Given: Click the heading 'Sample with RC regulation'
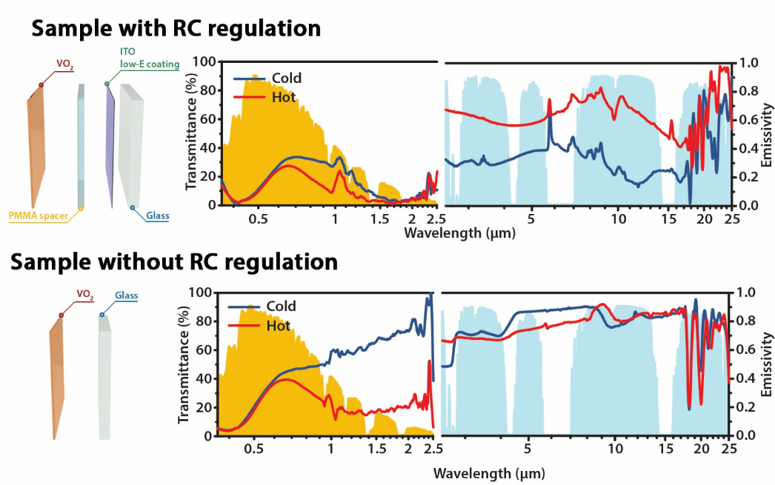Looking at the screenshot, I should click(176, 28).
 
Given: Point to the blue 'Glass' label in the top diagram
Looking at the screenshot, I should click(157, 216).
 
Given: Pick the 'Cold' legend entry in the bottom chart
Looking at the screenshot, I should click(281, 307).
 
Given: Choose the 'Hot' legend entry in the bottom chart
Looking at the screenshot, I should click(278, 324).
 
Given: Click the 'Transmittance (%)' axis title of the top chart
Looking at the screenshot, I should click(192, 133).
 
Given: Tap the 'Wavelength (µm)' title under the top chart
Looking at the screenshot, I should click(459, 233).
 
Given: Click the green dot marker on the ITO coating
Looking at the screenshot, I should click(107, 84).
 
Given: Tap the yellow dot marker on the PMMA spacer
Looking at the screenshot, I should click(81, 209).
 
